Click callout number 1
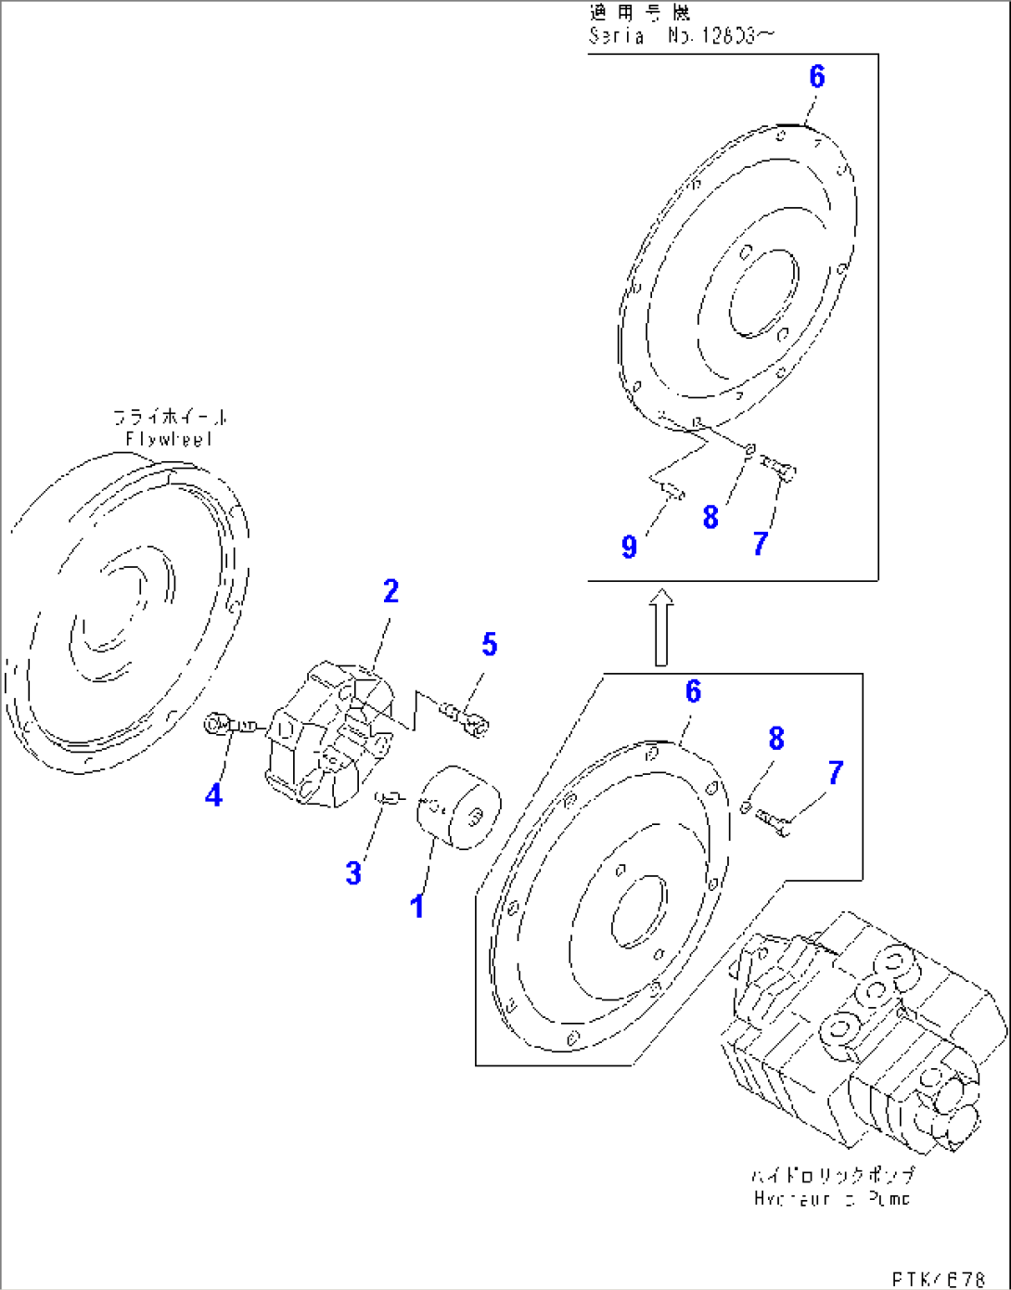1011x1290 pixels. [417, 906]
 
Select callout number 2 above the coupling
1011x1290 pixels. [390, 591]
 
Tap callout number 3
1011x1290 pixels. [353, 872]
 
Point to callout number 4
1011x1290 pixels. [213, 794]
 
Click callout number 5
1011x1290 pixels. [489, 644]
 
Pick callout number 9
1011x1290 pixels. [629, 547]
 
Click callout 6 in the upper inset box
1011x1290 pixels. [816, 76]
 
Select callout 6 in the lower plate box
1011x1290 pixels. [693, 691]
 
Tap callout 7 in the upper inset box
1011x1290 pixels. [761, 543]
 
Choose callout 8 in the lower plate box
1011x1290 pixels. [776, 739]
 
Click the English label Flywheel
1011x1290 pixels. [169, 439]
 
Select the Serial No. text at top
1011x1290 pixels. [681, 35]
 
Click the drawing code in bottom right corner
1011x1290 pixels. [938, 1279]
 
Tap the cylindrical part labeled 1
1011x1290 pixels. [458, 807]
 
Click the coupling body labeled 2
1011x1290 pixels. [329, 733]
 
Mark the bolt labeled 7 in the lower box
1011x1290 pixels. [773, 821]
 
